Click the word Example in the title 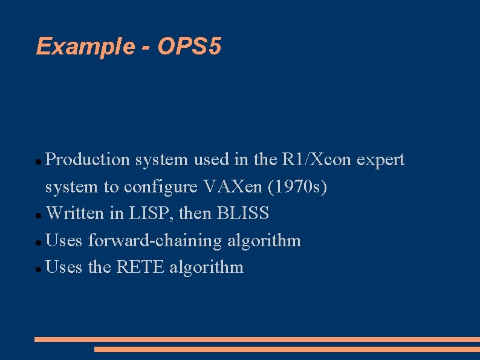(x=85, y=47)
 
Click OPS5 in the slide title (x=190, y=46)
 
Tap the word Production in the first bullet (x=88, y=160)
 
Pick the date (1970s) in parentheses (x=299, y=187)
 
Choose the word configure (x=161, y=188)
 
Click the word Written (x=74, y=214)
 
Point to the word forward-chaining (x=155, y=241)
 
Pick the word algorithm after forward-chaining (x=264, y=241)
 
